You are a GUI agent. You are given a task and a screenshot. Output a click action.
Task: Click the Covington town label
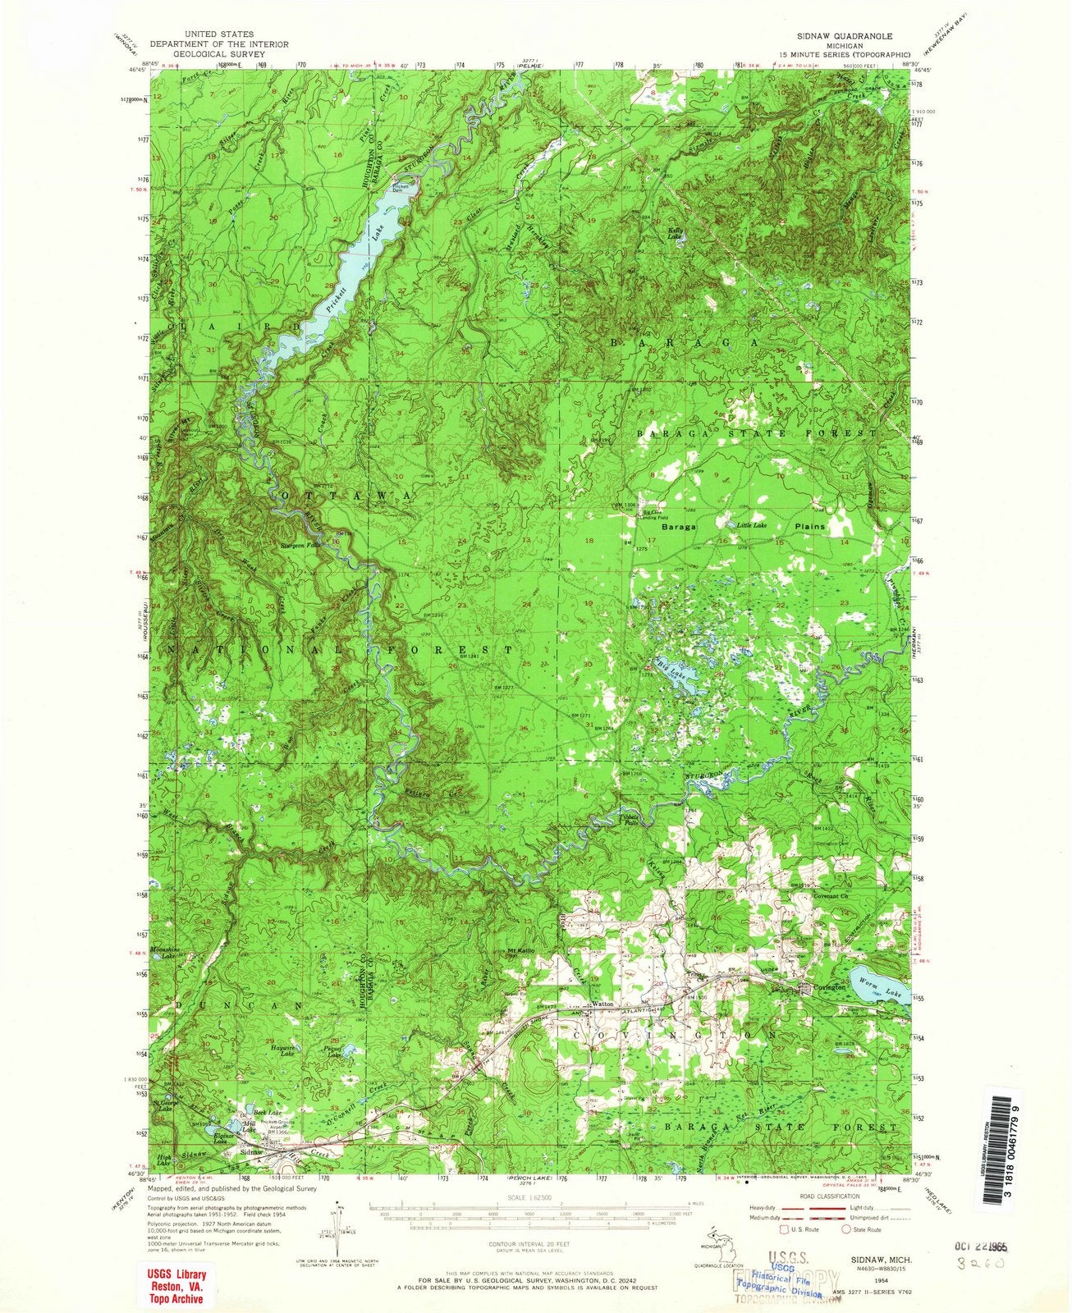pyautogui.click(x=828, y=990)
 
